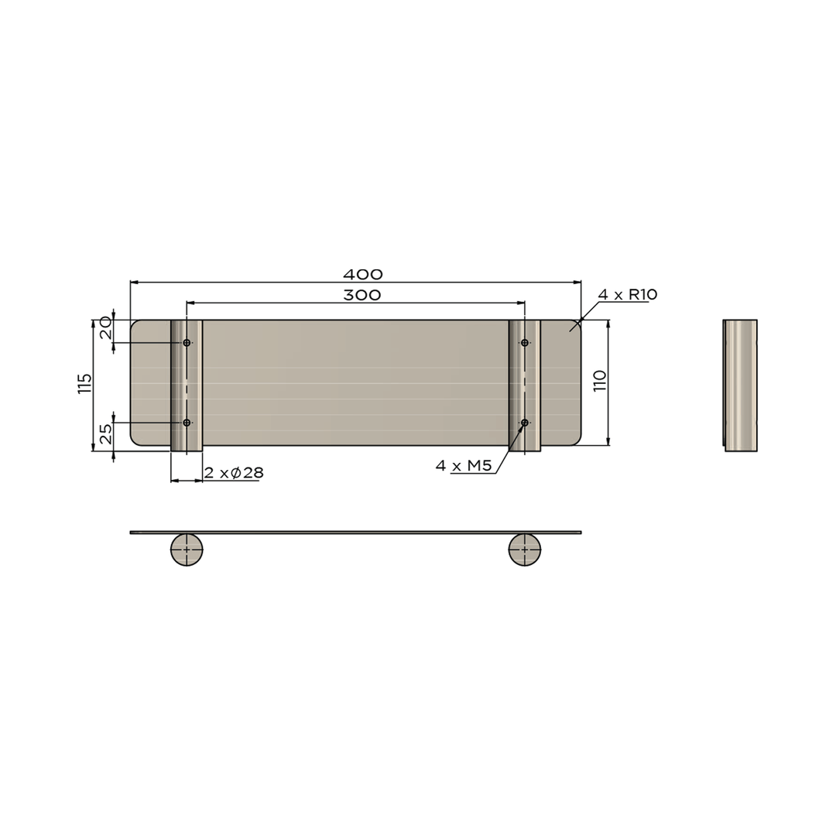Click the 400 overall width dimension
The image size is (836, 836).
coord(362,274)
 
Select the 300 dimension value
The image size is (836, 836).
coord(362,295)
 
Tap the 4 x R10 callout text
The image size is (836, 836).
coord(627,294)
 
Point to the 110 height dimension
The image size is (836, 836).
coord(600,381)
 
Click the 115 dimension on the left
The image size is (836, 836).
coord(85,384)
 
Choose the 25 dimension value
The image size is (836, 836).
coord(105,433)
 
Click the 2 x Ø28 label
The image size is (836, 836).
coord(233,473)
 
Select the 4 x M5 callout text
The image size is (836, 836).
coord(464,465)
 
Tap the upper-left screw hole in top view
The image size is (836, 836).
coord(187,342)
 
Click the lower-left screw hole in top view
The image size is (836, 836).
coord(187,423)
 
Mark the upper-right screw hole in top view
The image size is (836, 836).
coord(525,342)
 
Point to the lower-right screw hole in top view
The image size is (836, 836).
coord(525,423)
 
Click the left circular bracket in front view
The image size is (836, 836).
coord(187,550)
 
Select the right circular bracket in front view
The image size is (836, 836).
coord(525,550)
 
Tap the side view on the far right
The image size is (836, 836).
coord(741,385)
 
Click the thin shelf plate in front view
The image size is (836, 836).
coord(356,533)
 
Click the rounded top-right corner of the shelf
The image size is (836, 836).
coord(576,325)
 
